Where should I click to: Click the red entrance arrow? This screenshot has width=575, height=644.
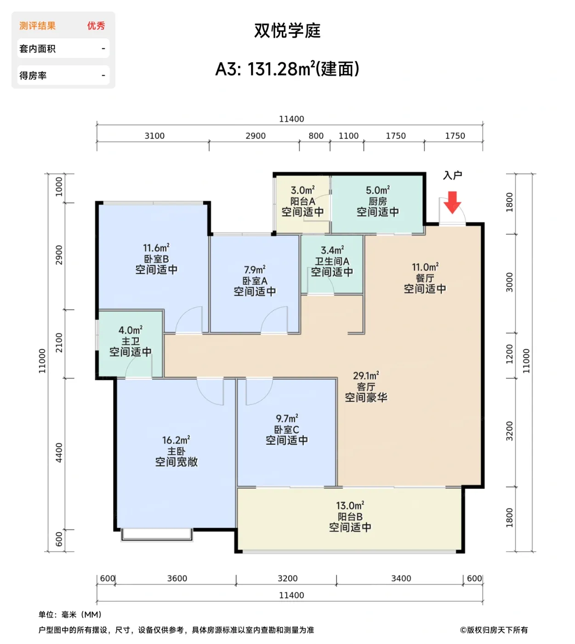pos(452,202)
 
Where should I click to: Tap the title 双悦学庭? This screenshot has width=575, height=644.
pos(288,31)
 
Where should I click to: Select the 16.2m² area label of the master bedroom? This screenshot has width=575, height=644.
pos(176,440)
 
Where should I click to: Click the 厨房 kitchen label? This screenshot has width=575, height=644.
pos(378,201)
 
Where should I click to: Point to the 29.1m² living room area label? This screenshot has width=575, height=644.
pos(366,376)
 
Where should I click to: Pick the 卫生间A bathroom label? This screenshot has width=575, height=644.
pos(332,261)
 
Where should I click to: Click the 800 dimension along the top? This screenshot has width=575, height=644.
pos(316,136)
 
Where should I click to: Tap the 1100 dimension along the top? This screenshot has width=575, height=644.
pos(348,136)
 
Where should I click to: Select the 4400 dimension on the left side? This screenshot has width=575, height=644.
pos(59,453)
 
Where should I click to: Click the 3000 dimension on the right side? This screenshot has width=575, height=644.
pos(509,282)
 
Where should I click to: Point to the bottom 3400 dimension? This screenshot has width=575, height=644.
pos(401,578)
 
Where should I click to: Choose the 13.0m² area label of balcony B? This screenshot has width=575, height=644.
pos(350,506)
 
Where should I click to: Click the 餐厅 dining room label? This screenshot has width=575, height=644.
pos(425,278)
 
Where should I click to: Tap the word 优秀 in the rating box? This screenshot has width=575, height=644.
pos(96,26)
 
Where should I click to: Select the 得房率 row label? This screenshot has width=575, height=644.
pos(33,75)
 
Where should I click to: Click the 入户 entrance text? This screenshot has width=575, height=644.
pos(452,175)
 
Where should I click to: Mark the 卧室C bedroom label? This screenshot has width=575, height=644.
pos(286,430)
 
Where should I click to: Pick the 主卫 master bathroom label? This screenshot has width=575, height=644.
pos(131,341)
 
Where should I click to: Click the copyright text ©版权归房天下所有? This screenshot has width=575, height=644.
pos(494,630)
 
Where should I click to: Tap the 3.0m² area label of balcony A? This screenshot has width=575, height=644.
pos(303,190)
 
